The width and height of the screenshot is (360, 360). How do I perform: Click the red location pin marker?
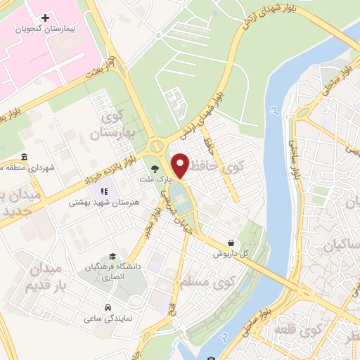[181, 165]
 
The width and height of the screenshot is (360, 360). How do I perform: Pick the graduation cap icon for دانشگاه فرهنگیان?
[112, 257]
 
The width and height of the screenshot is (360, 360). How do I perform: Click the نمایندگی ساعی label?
[108, 319]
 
